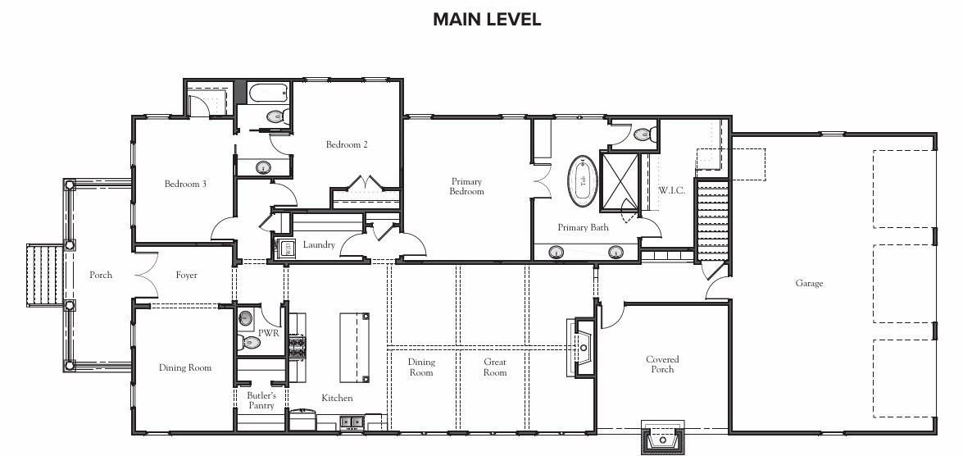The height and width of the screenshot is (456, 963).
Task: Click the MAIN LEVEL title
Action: tap(486, 19)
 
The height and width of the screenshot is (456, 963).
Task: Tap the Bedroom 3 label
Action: tap(185, 184)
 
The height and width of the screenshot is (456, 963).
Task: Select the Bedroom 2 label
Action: tap(347, 144)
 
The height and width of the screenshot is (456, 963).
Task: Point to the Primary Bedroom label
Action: tap(467, 186)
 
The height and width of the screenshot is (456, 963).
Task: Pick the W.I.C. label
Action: tap(671, 190)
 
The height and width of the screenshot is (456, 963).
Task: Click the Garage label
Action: tap(809, 283)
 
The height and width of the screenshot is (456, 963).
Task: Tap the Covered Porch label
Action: tap(662, 364)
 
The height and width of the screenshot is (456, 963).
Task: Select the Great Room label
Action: tap(494, 367)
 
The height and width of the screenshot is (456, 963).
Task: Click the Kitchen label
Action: tap(337, 399)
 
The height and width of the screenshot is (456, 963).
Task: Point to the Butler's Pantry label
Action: tap(261, 401)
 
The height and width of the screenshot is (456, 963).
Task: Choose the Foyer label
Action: tap(186, 276)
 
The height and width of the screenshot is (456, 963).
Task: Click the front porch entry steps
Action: tap(45, 275)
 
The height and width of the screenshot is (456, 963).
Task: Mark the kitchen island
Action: tap(356, 347)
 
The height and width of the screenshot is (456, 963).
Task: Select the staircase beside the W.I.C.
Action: tap(712, 220)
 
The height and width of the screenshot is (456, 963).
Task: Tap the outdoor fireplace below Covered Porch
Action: tap(663, 438)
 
